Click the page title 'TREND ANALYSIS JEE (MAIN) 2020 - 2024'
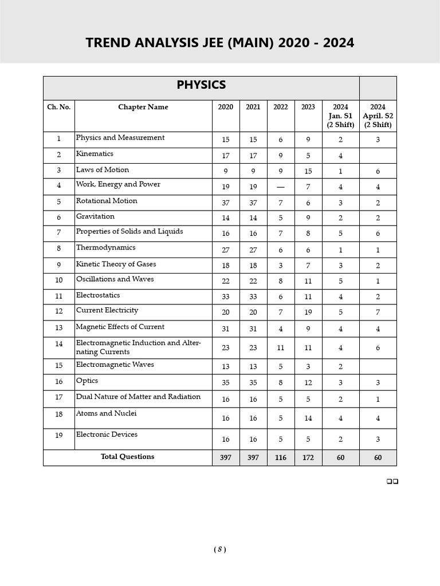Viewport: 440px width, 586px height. coord(219,43)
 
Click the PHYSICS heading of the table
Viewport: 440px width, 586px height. coord(201,85)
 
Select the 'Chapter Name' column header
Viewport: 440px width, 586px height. coord(143,108)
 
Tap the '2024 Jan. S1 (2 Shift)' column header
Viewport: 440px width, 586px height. coord(340,116)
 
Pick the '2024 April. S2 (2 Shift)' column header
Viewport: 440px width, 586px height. coord(378,116)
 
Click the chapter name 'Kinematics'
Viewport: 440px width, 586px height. coord(95,154)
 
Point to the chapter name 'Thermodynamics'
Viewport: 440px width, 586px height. coord(105,248)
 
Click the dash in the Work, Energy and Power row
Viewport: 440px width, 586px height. coord(281,187)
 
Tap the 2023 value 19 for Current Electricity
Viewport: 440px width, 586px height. coord(308,312)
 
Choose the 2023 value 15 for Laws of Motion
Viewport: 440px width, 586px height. coord(308,172)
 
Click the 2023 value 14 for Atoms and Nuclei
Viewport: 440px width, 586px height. coord(308,418)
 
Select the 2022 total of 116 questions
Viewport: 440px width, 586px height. coord(281,458)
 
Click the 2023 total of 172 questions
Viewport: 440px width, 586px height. coord(308,458)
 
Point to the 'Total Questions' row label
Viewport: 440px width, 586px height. coord(127,457)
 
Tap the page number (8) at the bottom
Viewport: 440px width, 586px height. coord(220,549)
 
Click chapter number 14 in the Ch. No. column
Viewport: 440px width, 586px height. coord(59,344)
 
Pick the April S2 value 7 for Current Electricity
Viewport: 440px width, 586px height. coord(378,312)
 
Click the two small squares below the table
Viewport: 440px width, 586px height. coord(392,481)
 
